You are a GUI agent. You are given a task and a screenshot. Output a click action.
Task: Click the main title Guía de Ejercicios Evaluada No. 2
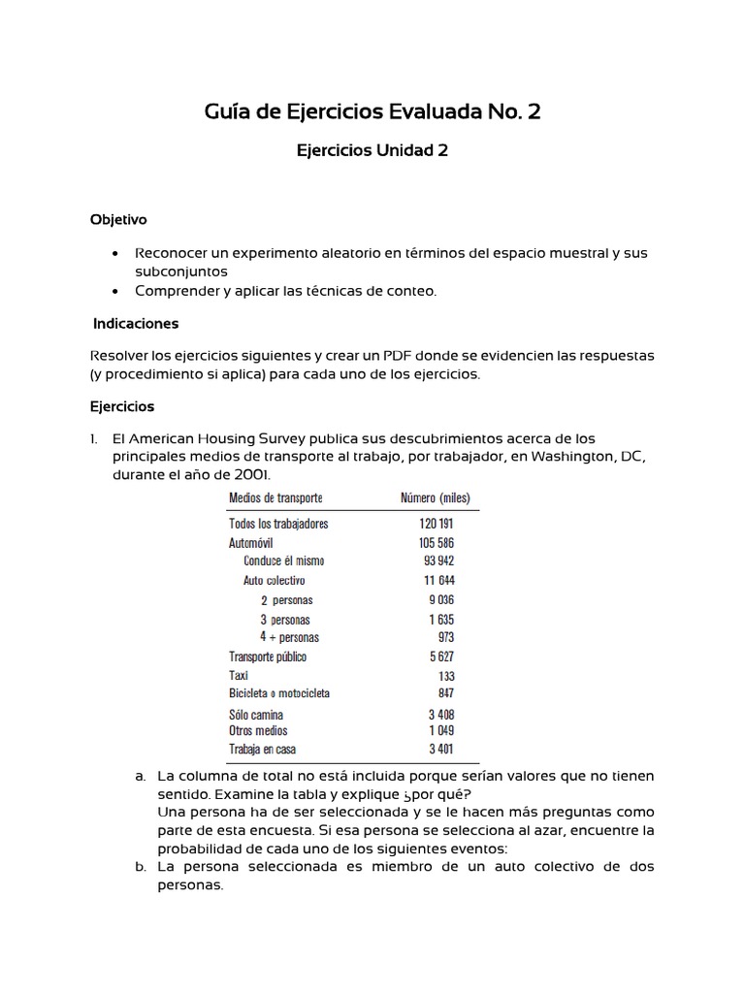coord(372,112)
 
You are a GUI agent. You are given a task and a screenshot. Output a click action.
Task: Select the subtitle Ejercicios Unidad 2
coord(372,150)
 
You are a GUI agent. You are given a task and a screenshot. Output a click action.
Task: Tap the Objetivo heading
coord(118,220)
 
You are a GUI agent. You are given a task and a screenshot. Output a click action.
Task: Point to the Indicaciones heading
coord(136,323)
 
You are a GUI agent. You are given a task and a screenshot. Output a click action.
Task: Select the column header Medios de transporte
coord(275,498)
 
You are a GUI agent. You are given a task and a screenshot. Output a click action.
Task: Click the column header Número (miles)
coord(436,498)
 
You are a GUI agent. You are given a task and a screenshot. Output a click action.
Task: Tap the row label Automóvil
coord(254,543)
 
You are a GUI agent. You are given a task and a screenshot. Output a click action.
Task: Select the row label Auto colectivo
coord(274,581)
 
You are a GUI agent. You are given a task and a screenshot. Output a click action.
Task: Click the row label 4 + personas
coord(289,637)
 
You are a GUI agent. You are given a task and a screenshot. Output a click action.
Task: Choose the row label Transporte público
coord(267,657)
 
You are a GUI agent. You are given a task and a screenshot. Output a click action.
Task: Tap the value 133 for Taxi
coord(445,676)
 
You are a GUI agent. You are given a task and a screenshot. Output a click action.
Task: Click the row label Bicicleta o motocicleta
coord(279,693)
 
